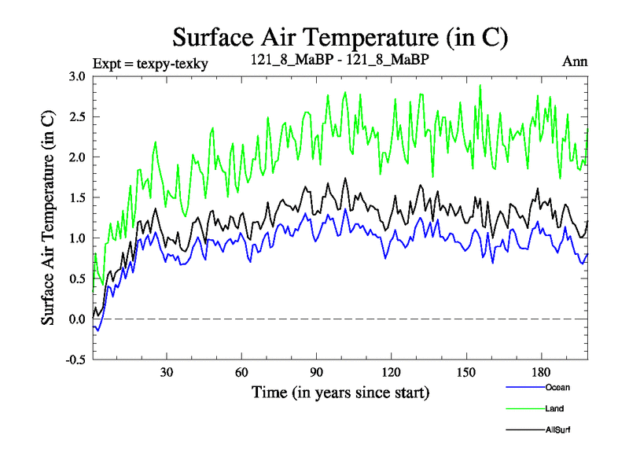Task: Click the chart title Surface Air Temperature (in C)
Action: click(340, 37)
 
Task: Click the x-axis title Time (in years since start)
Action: click(340, 392)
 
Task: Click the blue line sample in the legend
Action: click(524, 387)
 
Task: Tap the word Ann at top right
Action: click(575, 61)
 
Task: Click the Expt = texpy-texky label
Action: click(150, 63)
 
